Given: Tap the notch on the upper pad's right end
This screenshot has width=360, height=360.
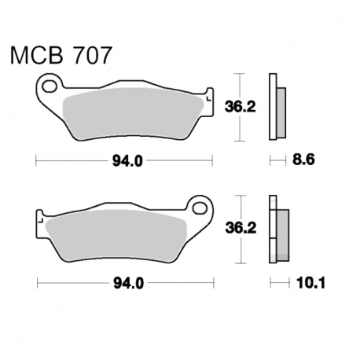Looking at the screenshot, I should pos(209,101).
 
